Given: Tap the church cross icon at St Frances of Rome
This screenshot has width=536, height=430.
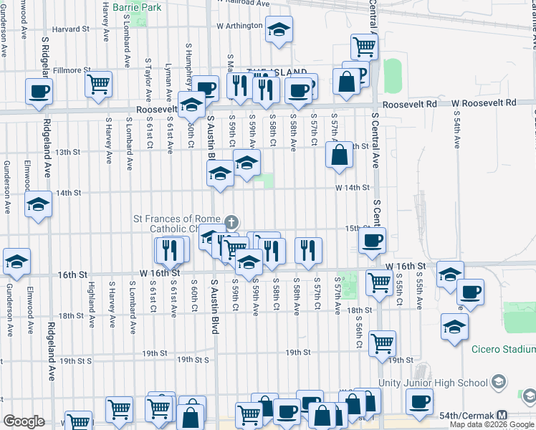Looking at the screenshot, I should [x=231, y=222].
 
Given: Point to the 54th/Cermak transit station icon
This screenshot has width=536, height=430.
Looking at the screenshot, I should [x=502, y=415].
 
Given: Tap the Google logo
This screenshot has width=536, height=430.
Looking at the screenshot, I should [x=24, y=421].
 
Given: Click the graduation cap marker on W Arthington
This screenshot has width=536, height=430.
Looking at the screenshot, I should [x=279, y=29].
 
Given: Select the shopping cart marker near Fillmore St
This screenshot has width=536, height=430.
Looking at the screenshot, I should [x=99, y=83].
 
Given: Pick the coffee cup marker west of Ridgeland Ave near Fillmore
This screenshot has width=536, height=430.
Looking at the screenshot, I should [x=39, y=90].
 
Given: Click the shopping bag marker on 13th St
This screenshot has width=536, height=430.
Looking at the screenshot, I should [x=339, y=153].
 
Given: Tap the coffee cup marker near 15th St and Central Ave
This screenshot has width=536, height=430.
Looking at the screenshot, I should [x=371, y=240].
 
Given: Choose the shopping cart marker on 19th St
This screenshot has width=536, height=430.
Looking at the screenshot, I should [x=383, y=343].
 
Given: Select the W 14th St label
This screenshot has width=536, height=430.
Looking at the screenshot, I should [x=352, y=188].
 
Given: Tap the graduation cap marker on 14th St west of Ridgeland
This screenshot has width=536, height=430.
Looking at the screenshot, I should [x=39, y=204].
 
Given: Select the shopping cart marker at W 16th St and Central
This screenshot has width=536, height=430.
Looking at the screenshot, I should [x=379, y=282].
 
